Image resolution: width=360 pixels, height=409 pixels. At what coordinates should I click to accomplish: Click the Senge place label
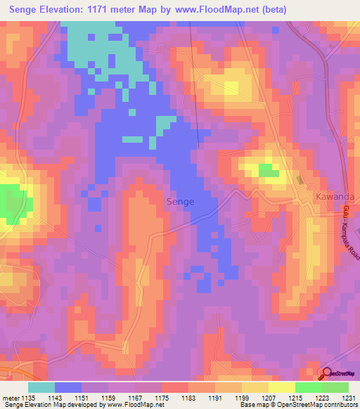click(180, 202)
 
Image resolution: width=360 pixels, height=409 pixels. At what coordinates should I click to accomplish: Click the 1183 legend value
click(188, 397)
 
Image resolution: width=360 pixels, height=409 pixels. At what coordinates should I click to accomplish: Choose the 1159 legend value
click(109, 397)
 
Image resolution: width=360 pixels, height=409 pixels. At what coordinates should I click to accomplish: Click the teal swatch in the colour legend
click(41, 387)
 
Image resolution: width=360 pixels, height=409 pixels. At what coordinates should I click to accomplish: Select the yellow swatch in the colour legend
click(281, 387)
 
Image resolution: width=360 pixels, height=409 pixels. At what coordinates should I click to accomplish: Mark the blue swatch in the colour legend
click(67, 387)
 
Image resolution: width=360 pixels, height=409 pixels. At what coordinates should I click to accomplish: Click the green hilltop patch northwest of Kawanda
click(268, 170)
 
